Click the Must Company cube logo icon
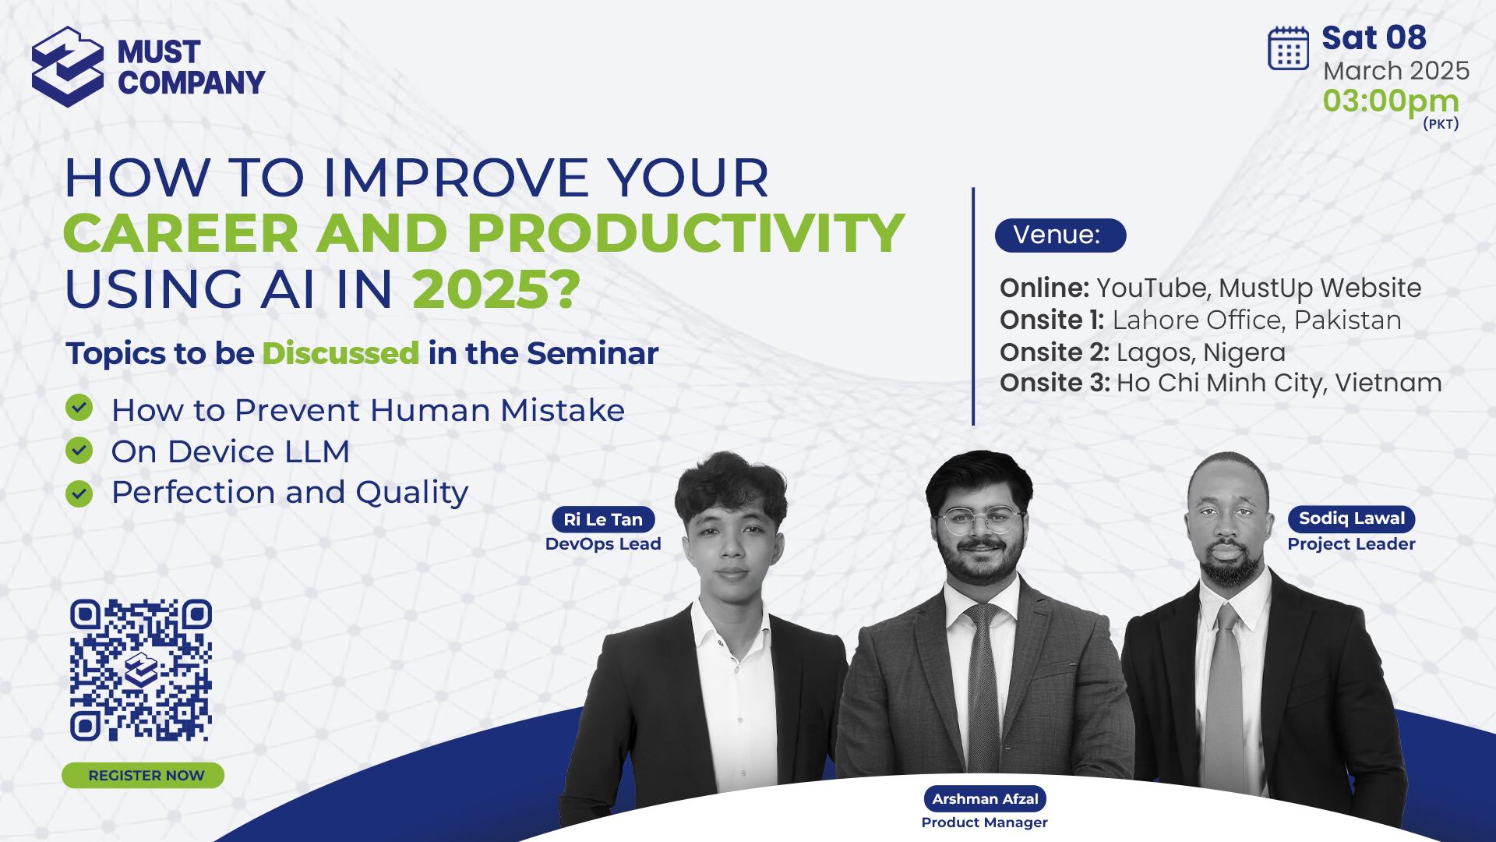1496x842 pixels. [x=68, y=66]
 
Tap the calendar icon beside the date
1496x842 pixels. [x=1289, y=48]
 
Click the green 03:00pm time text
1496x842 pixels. [x=1391, y=101]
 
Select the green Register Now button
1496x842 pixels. [x=143, y=776]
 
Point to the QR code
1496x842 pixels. [x=141, y=670]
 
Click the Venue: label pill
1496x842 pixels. [x=1060, y=235]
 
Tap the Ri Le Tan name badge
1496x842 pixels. [x=603, y=519]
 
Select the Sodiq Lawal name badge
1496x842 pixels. [x=1352, y=518]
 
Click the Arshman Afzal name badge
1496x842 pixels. [x=985, y=799]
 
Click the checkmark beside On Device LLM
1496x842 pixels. [x=79, y=450]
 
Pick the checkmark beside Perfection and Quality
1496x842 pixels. [x=79, y=494]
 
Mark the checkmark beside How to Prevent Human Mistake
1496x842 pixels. [x=79, y=407]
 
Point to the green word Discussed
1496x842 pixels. [x=340, y=353]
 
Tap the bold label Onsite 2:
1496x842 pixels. [x=1054, y=352]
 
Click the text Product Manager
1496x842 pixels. [x=985, y=823]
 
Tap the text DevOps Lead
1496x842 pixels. [x=603, y=544]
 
